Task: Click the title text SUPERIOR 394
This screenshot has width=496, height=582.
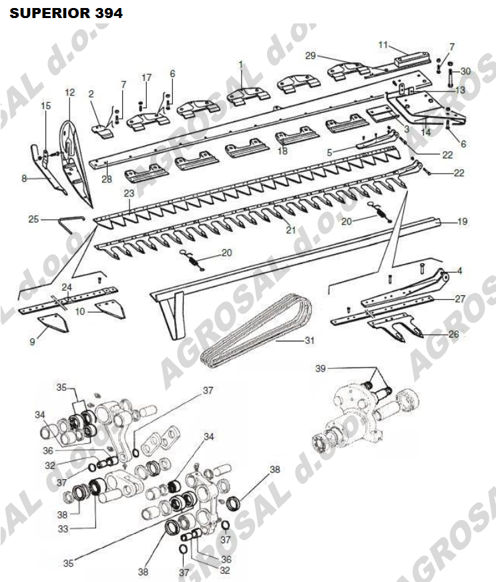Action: tap(66, 13)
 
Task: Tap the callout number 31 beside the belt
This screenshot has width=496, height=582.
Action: tap(310, 340)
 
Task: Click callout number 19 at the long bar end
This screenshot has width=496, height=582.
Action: tap(462, 222)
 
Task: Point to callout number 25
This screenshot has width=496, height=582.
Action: tap(34, 219)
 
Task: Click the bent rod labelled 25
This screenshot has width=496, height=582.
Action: tap(71, 225)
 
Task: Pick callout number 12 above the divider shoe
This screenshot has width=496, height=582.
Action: tap(69, 92)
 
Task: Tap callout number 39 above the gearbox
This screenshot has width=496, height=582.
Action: tap(320, 369)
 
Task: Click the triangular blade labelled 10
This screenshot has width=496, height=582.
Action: tap(110, 310)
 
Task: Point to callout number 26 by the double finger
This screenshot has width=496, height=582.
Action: tap(454, 334)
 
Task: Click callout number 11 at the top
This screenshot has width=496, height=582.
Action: tap(383, 45)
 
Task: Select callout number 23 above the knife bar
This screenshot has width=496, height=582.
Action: tap(129, 193)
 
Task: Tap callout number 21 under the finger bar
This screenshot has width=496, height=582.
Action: tap(291, 230)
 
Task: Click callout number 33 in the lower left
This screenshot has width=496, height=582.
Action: tap(63, 529)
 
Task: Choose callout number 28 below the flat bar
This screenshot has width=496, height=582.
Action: tap(107, 179)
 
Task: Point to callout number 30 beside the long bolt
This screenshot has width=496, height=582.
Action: tap(465, 71)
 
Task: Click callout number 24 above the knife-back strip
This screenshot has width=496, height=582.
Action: tap(67, 287)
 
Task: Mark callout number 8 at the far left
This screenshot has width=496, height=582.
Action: tap(24, 178)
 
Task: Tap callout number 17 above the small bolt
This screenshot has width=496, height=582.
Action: tap(147, 78)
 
